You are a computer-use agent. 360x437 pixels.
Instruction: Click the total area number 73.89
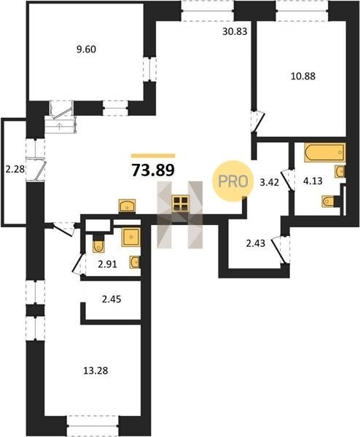pos(153,170)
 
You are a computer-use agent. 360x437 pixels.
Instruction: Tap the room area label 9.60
pos(86,50)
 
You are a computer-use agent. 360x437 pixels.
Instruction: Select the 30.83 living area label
pos(235,31)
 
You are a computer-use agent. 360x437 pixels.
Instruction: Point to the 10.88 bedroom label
pos(303,76)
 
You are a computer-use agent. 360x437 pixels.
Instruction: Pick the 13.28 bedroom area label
pos(95,371)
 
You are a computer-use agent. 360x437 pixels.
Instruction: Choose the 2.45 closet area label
pos(111,299)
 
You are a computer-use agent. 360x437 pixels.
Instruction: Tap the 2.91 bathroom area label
pos(107,264)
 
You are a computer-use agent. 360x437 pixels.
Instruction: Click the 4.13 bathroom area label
pos(313,181)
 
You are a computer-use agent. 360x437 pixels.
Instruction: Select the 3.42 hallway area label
pos(269,183)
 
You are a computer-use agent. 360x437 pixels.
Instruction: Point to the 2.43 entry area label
pos(256,243)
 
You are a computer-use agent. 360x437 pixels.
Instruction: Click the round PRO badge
pos(233,181)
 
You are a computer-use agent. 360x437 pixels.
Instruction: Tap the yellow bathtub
pos(325,152)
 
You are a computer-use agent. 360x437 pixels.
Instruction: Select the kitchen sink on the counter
pos(127,206)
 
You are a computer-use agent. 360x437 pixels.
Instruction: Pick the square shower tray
pos(131,237)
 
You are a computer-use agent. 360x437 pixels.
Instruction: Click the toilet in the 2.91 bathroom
pos(98,245)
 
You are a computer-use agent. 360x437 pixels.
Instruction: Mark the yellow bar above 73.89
pos(153,156)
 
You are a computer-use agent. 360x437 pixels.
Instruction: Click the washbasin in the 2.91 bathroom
pos(135,262)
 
